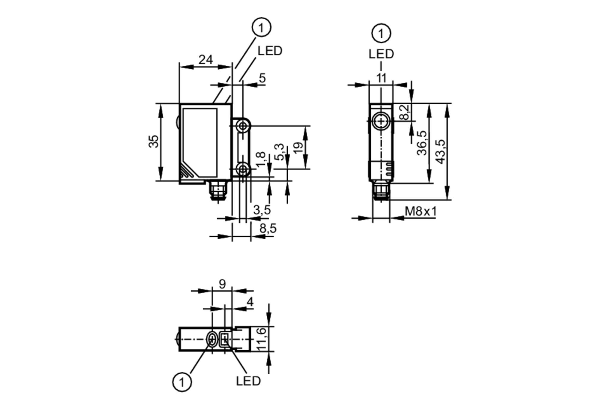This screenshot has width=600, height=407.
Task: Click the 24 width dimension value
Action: (205, 60)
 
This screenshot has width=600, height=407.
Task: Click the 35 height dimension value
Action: (154, 141)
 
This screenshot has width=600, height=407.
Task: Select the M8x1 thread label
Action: (421, 211)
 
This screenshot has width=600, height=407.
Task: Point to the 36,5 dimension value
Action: (422, 143)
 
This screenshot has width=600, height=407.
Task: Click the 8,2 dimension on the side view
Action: (404, 112)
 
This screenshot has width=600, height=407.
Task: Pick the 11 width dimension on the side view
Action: (381, 78)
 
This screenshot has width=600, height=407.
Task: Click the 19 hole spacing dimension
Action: (298, 148)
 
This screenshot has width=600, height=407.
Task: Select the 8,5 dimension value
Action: (268, 229)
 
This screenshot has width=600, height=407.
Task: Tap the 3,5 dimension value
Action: (262, 210)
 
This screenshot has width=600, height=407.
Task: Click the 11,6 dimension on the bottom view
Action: (261, 339)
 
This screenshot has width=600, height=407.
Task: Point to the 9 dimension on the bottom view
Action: (222, 284)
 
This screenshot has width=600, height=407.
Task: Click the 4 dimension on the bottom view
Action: (250, 302)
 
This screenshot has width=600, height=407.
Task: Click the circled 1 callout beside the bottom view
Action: (182, 382)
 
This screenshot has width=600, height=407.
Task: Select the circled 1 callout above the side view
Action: (381, 33)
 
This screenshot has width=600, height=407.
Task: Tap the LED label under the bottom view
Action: (248, 381)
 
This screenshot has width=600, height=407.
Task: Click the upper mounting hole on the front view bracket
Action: (242, 126)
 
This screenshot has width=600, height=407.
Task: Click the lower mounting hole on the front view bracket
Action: (242, 169)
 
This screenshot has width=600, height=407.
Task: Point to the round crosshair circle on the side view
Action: (381, 121)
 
